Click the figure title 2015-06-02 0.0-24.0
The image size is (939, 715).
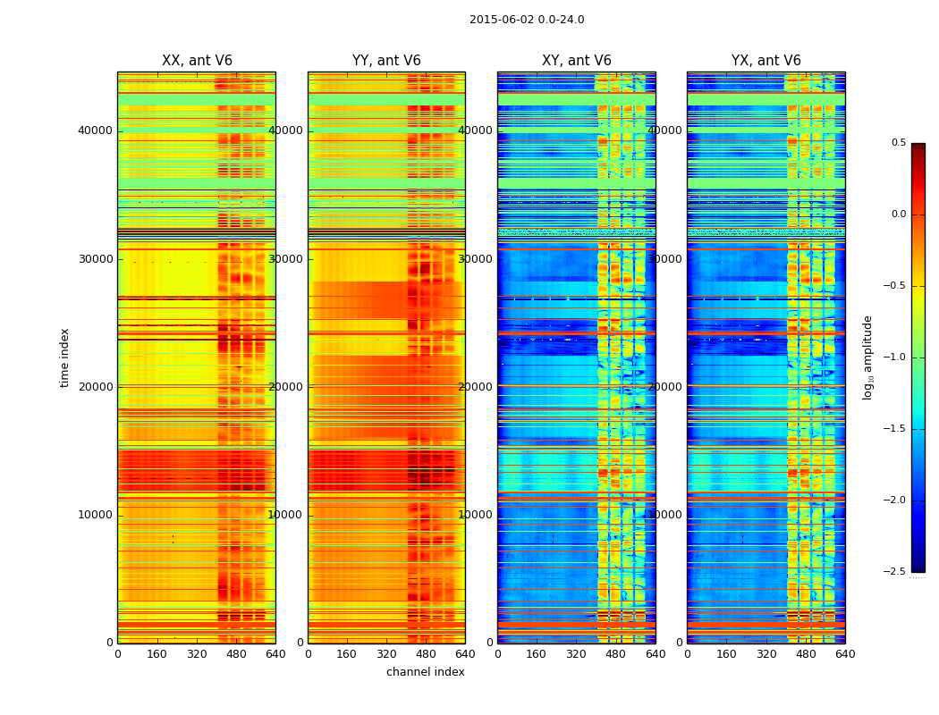(527, 20)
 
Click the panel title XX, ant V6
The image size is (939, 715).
(197, 61)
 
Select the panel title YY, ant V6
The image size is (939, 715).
(386, 61)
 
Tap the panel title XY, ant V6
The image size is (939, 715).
(577, 61)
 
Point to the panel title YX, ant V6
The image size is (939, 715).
(766, 61)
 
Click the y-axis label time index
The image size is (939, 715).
(64, 357)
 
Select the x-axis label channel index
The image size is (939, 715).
(426, 672)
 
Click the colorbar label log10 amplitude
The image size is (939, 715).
(867, 357)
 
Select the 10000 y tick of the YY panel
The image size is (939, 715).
(286, 515)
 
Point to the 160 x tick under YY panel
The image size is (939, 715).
(347, 654)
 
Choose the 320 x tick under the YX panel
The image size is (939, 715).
(766, 654)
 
